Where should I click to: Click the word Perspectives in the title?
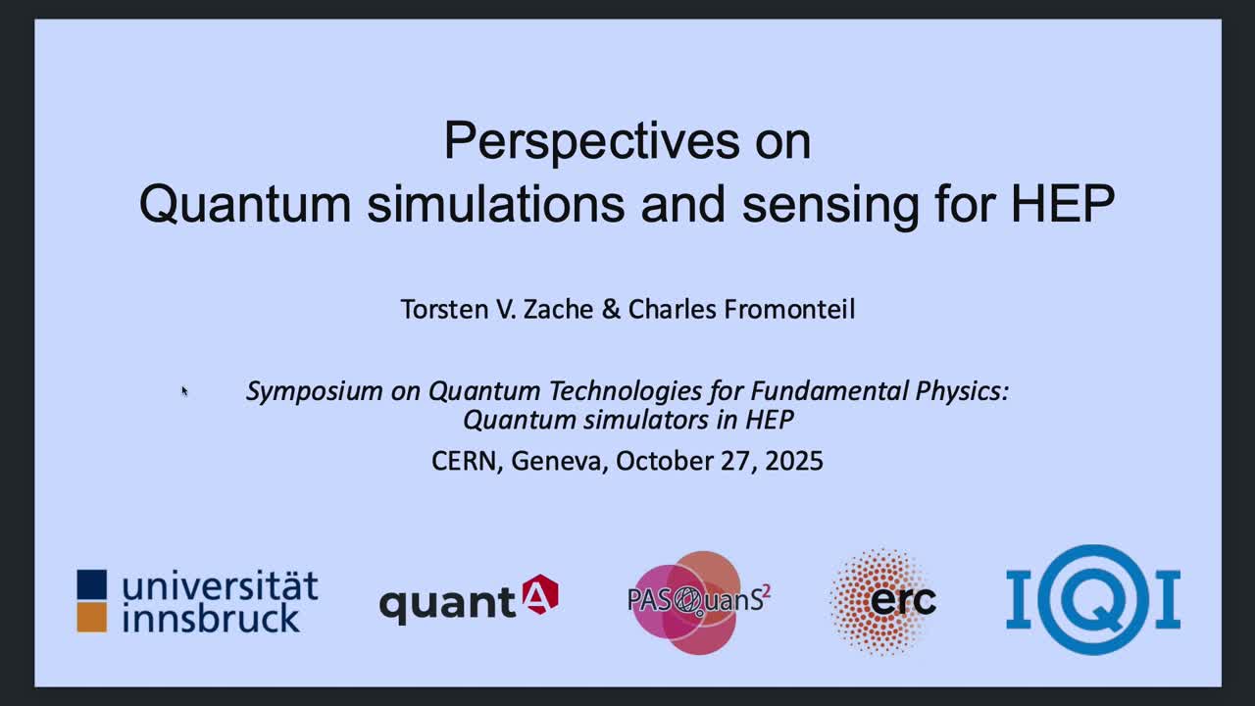pyautogui.click(x=591, y=141)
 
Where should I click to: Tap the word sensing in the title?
pyautogui.click(x=830, y=206)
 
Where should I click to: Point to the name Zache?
pyautogui.click(x=558, y=309)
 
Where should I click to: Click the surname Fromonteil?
pyautogui.click(x=789, y=309)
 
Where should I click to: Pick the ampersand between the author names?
pyautogui.click(x=611, y=309)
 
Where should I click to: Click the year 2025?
pyautogui.click(x=794, y=461)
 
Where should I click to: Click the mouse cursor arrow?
pyautogui.click(x=184, y=391)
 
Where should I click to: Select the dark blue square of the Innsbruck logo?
pyautogui.click(x=92, y=583)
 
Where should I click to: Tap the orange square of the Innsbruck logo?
pyautogui.click(x=92, y=618)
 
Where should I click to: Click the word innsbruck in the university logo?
pyautogui.click(x=211, y=618)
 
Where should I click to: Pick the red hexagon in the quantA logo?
pyautogui.click(x=540, y=594)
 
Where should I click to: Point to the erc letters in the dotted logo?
pyautogui.click(x=903, y=601)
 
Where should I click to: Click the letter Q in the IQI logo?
pyautogui.click(x=1093, y=599)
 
